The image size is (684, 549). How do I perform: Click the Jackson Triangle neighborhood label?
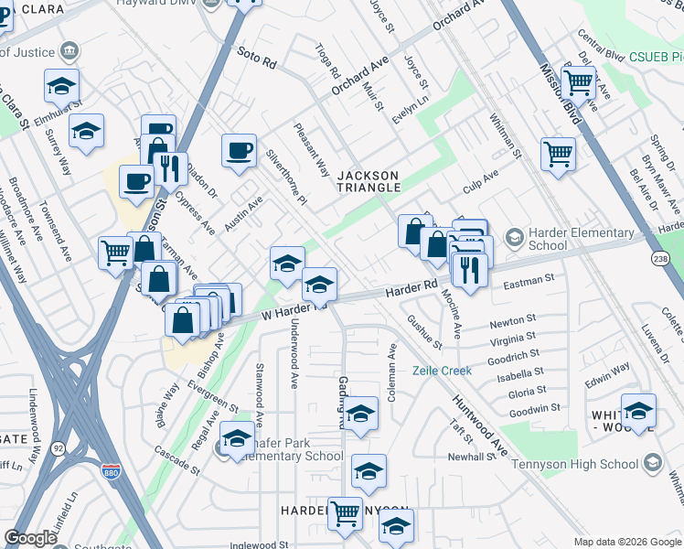[369, 181]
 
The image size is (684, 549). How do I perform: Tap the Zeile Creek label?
[442, 371]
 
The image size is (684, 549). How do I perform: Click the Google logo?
[30, 537]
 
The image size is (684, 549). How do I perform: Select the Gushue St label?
[424, 334]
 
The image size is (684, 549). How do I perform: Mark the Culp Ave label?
[480, 180]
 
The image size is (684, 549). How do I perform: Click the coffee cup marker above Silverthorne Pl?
[240, 150]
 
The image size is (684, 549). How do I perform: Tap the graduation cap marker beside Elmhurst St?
[61, 87]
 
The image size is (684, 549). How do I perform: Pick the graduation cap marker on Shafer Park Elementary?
[238, 439]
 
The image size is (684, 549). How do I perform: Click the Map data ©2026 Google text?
[627, 542]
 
